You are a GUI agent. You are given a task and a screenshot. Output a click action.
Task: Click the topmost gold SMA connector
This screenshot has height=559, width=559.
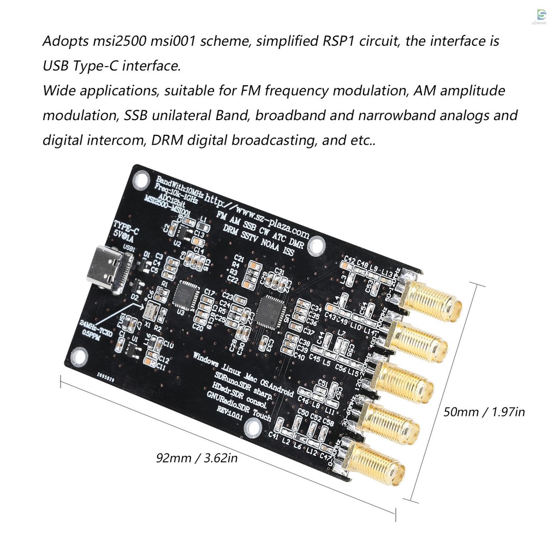click(431, 300)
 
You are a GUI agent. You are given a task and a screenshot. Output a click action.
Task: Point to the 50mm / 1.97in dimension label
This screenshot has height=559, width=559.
click(484, 412)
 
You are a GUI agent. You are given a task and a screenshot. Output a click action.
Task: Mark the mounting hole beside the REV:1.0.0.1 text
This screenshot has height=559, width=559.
click(252, 430)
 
